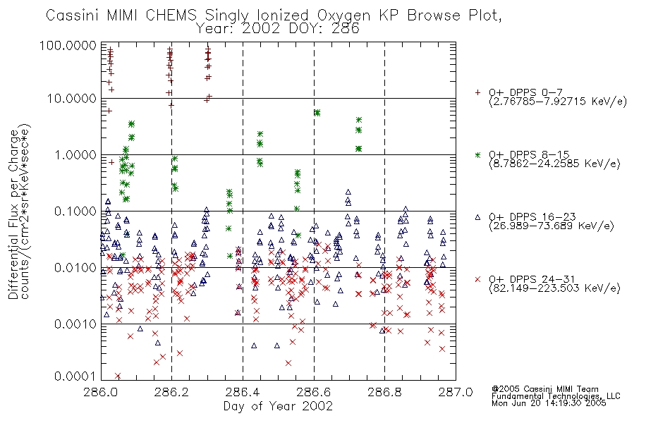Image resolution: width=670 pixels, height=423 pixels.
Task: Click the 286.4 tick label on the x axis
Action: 243,392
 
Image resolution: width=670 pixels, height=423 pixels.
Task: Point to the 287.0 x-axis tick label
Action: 456,392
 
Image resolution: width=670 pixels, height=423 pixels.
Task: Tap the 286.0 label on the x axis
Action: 102,392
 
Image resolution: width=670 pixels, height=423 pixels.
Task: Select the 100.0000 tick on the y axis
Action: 68,45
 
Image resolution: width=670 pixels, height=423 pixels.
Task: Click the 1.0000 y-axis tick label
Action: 75,154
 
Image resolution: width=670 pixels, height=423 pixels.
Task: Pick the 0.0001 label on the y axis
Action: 75,376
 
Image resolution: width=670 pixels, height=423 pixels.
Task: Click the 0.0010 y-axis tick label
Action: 75,324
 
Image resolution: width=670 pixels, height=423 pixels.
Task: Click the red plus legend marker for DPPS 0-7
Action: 477,92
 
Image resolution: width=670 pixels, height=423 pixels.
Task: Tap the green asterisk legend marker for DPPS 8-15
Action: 477,154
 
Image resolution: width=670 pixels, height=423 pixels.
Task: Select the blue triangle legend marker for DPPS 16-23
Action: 477,217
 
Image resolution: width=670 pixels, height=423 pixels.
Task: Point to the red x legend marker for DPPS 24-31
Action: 477,279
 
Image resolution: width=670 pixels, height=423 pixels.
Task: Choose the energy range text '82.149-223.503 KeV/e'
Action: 554,288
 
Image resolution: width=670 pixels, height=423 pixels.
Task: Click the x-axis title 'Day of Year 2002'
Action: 278,406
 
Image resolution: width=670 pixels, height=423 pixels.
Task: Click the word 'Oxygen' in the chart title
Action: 343,16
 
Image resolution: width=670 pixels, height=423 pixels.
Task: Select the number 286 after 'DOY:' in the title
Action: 346,29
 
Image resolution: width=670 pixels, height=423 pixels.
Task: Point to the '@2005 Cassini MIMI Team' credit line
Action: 544,389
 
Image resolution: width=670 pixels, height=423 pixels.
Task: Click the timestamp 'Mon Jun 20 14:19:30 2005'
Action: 549,403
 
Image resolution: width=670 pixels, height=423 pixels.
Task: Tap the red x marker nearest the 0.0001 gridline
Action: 118,376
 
